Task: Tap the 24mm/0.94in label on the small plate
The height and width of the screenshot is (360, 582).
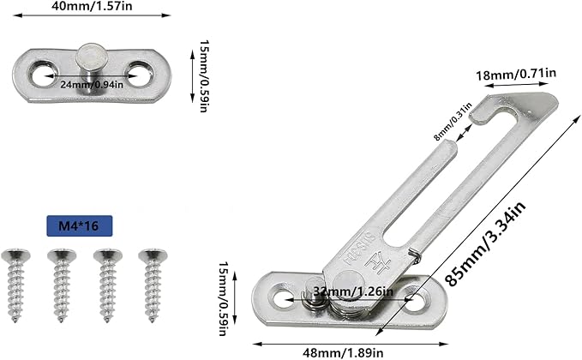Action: pyautogui.click(x=91, y=84)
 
